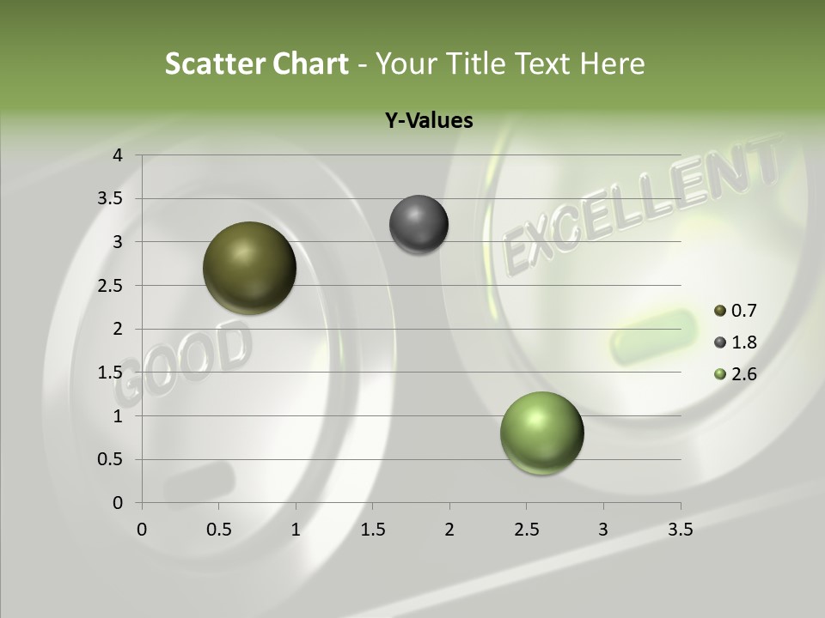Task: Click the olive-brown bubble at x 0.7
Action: click(250, 268)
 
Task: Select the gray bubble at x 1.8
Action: click(419, 225)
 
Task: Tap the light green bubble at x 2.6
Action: click(541, 433)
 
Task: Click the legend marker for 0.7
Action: click(720, 311)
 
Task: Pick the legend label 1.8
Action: click(744, 342)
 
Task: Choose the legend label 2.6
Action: click(744, 374)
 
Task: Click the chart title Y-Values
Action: click(429, 121)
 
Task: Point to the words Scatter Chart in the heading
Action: click(256, 64)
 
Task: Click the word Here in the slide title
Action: click(612, 64)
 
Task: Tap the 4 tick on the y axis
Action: click(118, 155)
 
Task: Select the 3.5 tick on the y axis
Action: click(111, 199)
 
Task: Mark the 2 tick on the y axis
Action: click(118, 329)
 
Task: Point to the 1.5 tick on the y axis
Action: click(111, 373)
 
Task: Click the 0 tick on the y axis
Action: click(118, 503)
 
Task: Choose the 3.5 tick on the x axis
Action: click(680, 530)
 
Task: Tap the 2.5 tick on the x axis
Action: click(526, 530)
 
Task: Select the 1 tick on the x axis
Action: click(296, 530)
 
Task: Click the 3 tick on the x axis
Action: click(603, 530)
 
